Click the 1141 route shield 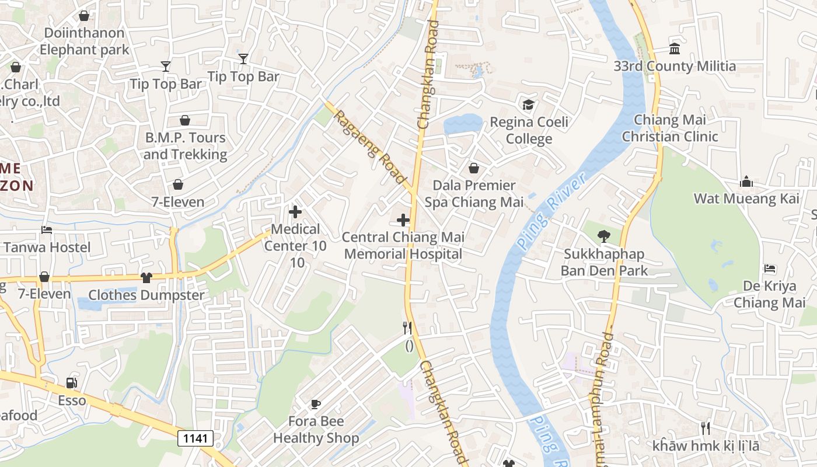click(x=195, y=438)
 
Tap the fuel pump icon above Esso click(x=72, y=383)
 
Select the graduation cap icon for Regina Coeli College click(x=528, y=104)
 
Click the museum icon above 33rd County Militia click(x=675, y=48)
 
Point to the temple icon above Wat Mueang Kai click(x=746, y=182)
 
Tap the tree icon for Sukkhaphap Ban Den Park click(x=603, y=236)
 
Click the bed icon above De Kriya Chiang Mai click(x=770, y=269)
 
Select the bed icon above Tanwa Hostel click(x=47, y=230)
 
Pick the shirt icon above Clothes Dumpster click(x=146, y=278)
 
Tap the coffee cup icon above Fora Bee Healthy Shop click(x=316, y=404)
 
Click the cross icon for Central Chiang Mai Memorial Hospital click(x=403, y=220)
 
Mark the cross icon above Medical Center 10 click(x=295, y=212)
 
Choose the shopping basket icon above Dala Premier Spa click(x=473, y=168)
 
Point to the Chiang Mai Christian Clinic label click(x=669, y=128)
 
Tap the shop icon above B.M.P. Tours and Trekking click(x=184, y=121)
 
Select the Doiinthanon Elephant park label click(x=84, y=41)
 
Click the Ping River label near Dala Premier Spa click(x=550, y=212)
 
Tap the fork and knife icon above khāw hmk click(x=705, y=428)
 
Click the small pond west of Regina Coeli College click(x=462, y=124)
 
